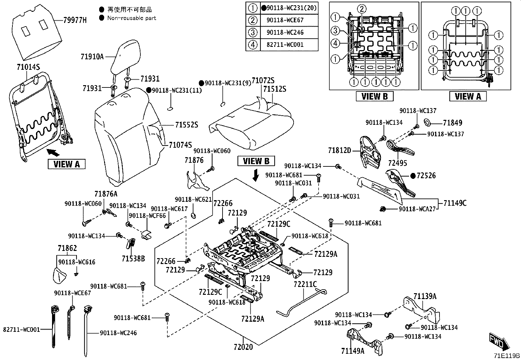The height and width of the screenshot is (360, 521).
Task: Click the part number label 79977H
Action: (75, 20)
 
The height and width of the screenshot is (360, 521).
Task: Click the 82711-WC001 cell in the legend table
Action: (285, 45)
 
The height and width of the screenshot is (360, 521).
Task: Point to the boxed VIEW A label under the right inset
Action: (468, 96)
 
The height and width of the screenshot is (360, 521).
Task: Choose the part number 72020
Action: (243, 347)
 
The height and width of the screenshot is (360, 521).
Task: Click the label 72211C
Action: (305, 284)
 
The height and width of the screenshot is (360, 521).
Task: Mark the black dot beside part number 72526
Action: (413, 176)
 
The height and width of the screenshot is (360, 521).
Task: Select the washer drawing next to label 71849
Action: (427, 122)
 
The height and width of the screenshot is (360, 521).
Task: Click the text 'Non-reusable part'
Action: (132, 18)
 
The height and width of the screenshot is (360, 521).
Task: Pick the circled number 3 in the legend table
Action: (253, 33)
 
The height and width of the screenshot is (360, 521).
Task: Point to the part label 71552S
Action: (187, 125)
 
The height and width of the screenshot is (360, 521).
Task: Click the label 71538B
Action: (133, 258)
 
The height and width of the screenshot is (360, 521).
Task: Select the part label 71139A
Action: (425, 296)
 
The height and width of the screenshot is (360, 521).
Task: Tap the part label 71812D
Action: (340, 150)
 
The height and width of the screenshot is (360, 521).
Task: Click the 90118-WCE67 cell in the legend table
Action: (285, 20)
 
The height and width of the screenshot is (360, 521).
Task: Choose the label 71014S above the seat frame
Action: (28, 67)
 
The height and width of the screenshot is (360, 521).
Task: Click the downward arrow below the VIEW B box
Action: (256, 175)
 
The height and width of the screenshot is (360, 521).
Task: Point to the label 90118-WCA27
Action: (417, 209)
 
